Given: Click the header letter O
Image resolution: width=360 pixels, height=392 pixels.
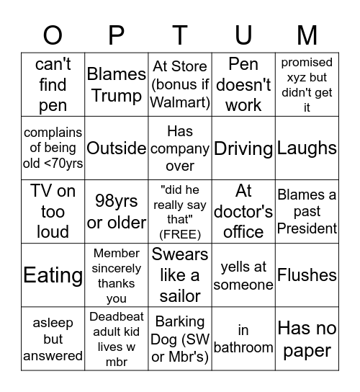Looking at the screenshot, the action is pos(53,34).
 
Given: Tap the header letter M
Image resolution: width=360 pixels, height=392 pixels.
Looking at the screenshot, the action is pos(307,34).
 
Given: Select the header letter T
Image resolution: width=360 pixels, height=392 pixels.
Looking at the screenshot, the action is pos(180,34).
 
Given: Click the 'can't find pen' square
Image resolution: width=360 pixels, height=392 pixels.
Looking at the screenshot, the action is pos(53,85).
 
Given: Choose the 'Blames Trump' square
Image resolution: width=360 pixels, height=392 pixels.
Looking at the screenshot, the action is pos(116,85).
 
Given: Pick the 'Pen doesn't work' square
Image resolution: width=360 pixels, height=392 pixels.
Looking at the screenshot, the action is pos(243,85).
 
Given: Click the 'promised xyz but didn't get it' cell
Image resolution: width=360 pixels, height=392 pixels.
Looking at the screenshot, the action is pos(307,85).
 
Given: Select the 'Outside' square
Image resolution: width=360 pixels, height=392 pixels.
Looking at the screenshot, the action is pos(116,148).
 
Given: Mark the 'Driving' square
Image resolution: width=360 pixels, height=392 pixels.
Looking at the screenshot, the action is pos(243,148).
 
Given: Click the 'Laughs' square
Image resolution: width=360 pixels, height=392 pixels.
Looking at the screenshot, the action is pos(307,148).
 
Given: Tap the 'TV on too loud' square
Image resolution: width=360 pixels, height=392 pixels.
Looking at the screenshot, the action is pos(53,212).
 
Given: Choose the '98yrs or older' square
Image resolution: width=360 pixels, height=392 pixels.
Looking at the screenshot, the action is pos(116,212).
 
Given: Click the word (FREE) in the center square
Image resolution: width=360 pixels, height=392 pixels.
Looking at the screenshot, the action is pos(180,233).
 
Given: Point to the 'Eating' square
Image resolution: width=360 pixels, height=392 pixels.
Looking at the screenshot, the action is pos(53,275).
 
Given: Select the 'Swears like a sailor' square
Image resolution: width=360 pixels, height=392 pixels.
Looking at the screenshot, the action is pos(180,275).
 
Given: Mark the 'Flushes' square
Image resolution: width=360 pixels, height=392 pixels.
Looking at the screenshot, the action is pos(307,275).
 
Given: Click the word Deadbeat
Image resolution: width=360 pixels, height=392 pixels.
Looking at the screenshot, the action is pos(116,316).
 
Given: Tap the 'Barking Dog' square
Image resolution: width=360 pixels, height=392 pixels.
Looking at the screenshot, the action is pos(180,339).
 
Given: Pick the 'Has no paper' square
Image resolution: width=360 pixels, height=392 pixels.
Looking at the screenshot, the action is pos(307,339).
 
